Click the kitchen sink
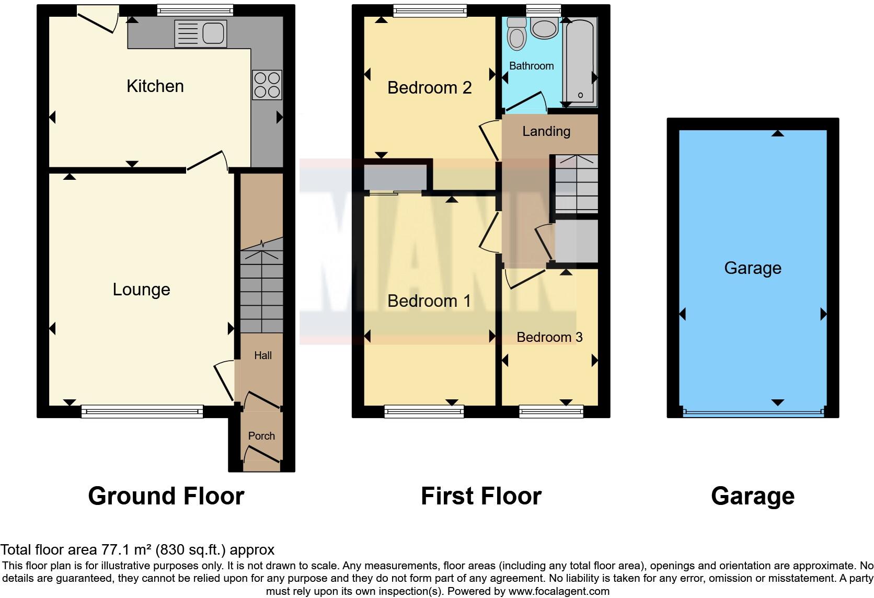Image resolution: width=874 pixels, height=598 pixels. pos(201,33)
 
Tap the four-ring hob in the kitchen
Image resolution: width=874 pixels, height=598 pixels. pos(267,85)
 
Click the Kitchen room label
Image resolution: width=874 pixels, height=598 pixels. pos(155,86)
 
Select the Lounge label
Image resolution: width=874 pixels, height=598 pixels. pos(141,290)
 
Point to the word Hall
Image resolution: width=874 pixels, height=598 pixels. pos(263,355)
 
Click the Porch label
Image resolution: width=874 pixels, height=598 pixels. pos(261,436)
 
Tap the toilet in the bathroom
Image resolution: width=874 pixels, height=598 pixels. pos(517,34)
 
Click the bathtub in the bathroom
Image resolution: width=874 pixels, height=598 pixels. pos(580,60)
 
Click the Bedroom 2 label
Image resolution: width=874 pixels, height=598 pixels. pos(429,88)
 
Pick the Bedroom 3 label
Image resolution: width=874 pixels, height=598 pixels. pos(549,337)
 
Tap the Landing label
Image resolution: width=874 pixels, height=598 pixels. pos(546,131)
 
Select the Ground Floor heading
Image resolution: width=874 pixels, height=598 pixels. pos(166,496)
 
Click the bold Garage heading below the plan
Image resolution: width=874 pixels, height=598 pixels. pos(752,496)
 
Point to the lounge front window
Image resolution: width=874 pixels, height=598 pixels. pos(142,412)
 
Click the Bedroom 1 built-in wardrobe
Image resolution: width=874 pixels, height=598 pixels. pos(395,177)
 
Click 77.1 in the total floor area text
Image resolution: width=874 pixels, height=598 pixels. pos(113,550)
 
